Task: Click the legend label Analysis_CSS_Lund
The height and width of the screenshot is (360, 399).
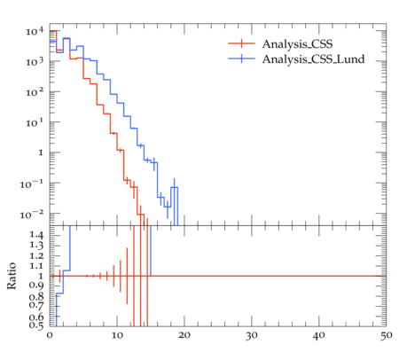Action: tap(313, 59)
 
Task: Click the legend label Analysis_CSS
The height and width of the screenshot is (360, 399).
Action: tap(297, 44)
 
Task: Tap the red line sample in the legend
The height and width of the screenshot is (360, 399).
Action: tap(241, 43)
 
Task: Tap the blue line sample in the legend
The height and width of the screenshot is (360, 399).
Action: tap(241, 59)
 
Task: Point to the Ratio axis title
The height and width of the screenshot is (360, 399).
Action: tap(12, 276)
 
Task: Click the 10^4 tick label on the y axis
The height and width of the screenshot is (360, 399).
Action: tap(35, 31)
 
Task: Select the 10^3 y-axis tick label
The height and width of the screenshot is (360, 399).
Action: tap(35, 61)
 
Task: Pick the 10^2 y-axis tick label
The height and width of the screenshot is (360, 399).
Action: tap(35, 92)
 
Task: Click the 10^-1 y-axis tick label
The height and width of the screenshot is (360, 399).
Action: tap(32, 184)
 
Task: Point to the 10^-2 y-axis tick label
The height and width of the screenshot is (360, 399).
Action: tap(32, 214)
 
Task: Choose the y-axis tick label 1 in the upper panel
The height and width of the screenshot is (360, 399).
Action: tap(41, 153)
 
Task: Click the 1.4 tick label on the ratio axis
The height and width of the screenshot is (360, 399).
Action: tap(36, 235)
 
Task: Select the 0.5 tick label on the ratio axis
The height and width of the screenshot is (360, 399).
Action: tap(36, 325)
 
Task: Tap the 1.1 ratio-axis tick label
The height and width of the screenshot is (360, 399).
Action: tap(36, 266)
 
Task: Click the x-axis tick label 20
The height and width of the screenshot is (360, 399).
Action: tap(184, 335)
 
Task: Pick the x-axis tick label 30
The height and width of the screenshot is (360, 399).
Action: tap(252, 335)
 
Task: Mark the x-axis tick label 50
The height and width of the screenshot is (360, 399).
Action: tap(386, 335)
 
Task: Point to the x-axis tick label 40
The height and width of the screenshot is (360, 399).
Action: tap(319, 335)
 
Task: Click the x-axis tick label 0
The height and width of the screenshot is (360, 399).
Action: tap(50, 335)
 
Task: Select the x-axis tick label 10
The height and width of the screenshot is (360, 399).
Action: tap(117, 335)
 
